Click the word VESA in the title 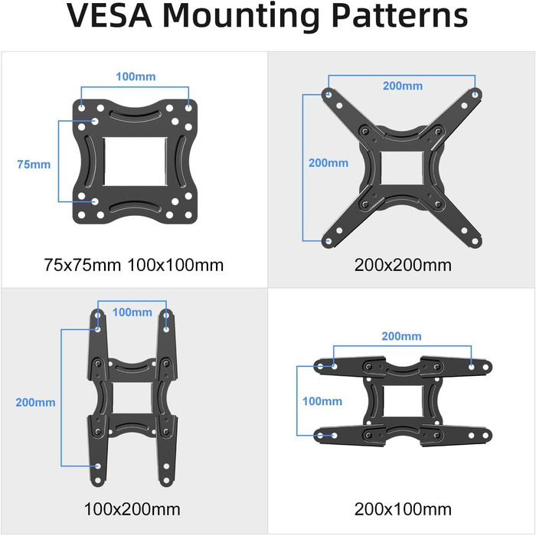tap(109, 15)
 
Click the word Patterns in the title tap(400, 15)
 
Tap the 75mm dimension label tap(34, 165)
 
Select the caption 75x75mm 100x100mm tap(134, 265)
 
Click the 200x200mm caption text tap(403, 265)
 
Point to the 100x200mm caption tap(132, 509)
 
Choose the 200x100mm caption tap(403, 509)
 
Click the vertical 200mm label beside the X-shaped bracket tap(328, 162)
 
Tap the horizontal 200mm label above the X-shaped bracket tap(403, 86)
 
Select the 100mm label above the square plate tap(136, 77)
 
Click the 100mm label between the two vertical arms tap(132, 312)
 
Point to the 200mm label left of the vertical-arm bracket tap(35, 402)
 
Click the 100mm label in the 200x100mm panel tap(322, 401)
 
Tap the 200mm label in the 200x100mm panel tap(402, 336)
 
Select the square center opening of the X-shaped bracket tap(402, 168)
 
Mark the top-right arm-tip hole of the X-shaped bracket tap(476, 94)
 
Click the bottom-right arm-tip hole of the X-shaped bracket tap(475, 242)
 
